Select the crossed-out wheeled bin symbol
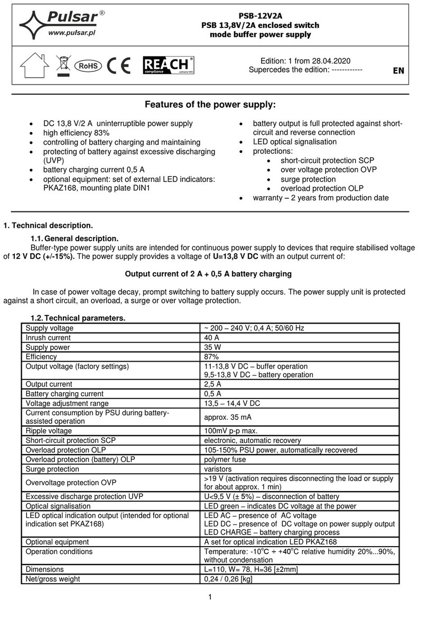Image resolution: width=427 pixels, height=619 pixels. (x=63, y=66)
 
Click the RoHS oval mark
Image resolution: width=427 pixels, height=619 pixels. (x=87, y=66)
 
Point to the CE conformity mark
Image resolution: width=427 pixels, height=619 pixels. (x=119, y=66)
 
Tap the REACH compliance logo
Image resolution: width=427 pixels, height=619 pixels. (x=168, y=66)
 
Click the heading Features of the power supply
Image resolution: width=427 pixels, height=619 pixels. (x=210, y=105)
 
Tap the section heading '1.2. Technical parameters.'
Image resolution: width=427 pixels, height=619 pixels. (x=78, y=318)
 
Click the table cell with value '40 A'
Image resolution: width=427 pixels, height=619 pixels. (x=211, y=337)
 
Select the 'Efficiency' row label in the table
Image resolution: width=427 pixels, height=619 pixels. (x=41, y=356)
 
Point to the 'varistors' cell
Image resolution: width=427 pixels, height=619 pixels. (x=219, y=469)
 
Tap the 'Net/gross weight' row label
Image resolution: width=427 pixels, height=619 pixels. (x=53, y=579)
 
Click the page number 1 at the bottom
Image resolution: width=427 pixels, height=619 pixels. (x=210, y=597)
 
